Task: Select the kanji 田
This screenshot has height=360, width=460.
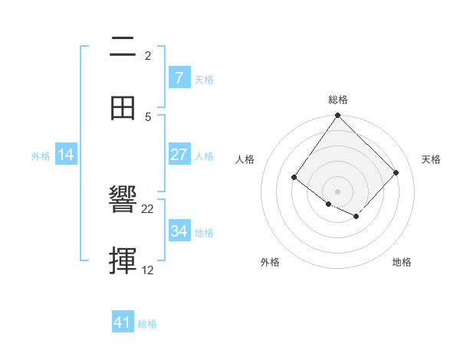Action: pyautogui.click(x=123, y=107)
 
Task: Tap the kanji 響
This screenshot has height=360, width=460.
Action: pyautogui.click(x=123, y=200)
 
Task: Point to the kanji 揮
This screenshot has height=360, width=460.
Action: pyautogui.click(x=123, y=261)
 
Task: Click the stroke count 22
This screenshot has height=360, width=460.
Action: pyautogui.click(x=148, y=208)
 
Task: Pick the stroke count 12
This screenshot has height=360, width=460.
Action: pyautogui.click(x=148, y=270)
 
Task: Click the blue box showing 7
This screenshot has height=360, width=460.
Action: pyautogui.click(x=179, y=78)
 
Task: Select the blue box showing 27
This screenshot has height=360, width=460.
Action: pyautogui.click(x=179, y=155)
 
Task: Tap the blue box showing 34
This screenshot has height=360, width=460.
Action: pyautogui.click(x=179, y=231)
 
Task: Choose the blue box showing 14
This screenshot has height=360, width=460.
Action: pyautogui.click(x=66, y=155)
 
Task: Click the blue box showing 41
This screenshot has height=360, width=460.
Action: pyautogui.click(x=123, y=322)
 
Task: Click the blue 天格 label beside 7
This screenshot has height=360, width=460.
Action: pyautogui.click(x=204, y=79)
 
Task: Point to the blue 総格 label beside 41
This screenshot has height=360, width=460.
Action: pyautogui.click(x=147, y=324)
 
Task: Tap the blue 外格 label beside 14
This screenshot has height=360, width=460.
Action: pyautogui.click(x=41, y=155)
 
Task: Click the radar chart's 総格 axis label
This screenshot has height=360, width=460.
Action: pyautogui.click(x=337, y=100)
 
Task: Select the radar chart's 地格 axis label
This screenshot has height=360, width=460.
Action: pyautogui.click(x=402, y=262)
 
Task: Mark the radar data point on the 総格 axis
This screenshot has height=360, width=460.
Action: pyautogui.click(x=337, y=116)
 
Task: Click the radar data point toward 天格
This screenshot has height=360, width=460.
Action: pyautogui.click(x=396, y=172)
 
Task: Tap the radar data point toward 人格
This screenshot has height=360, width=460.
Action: pyautogui.click(x=294, y=178)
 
